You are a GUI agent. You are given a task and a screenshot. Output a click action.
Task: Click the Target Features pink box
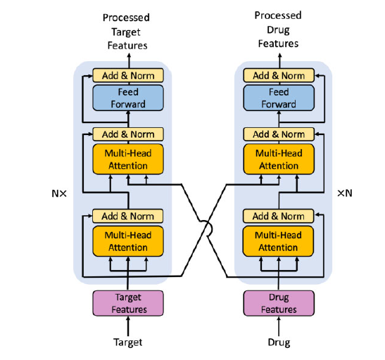pyautogui.click(x=128, y=303)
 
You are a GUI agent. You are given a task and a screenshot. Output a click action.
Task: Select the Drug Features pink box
pyautogui.click(x=279, y=303)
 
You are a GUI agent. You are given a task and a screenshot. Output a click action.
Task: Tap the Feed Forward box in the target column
pyautogui.click(x=128, y=98)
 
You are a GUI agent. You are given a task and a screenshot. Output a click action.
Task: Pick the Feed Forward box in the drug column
pyautogui.click(x=279, y=98)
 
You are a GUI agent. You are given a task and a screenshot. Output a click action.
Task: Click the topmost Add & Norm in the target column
pyautogui.click(x=128, y=75)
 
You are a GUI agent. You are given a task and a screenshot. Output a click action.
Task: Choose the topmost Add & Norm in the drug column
pyautogui.click(x=279, y=75)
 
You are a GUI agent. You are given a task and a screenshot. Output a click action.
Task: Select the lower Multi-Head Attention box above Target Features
pyautogui.click(x=128, y=241)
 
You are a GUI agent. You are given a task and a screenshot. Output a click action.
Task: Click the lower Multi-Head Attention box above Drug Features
pyautogui.click(x=278, y=241)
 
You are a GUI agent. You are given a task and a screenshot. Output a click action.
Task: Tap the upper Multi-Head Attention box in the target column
pyautogui.click(x=128, y=159)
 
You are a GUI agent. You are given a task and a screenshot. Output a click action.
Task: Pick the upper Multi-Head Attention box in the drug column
pyautogui.click(x=279, y=159)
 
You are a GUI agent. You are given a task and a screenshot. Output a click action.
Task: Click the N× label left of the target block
pyautogui.click(x=59, y=193)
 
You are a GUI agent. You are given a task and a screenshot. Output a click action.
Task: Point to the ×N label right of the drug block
pyautogui.click(x=345, y=193)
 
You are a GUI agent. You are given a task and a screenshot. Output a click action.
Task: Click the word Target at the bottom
pyautogui.click(x=128, y=342)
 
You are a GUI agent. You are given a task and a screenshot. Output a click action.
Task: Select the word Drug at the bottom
pyautogui.click(x=279, y=342)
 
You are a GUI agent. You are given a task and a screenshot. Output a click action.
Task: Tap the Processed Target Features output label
pyautogui.click(x=127, y=32)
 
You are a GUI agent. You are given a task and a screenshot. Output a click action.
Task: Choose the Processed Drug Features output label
pyautogui.click(x=278, y=30)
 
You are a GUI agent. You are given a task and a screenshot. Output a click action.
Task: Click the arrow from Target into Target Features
pyautogui.click(x=128, y=326)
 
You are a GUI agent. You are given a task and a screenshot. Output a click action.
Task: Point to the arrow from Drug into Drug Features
pyautogui.click(x=279, y=326)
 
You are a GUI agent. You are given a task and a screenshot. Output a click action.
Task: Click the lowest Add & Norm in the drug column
pyautogui.click(x=278, y=216)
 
